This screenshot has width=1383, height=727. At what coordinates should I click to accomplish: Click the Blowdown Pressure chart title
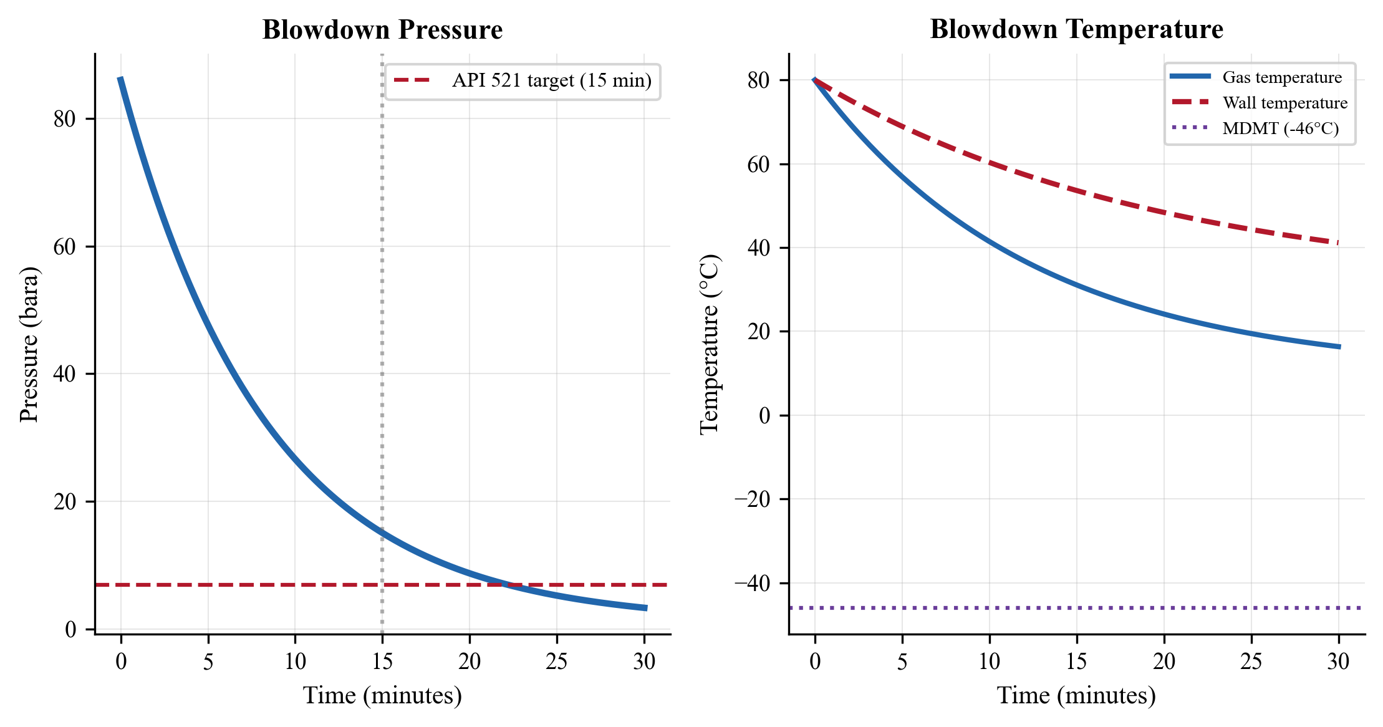pos(382,30)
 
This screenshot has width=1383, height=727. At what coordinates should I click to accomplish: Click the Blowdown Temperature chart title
pos(1076,29)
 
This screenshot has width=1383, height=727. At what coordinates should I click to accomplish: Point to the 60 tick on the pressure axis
pos(65,247)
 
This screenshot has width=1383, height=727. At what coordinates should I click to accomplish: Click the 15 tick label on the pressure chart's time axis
pos(382,662)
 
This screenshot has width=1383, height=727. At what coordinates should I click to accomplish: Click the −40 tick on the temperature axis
pos(752,584)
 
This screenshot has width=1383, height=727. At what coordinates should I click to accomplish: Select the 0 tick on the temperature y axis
pos(764,416)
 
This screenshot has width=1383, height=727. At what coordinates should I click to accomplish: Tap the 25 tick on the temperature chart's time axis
pos(1251,662)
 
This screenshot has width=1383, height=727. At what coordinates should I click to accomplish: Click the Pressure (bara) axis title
pos(29,344)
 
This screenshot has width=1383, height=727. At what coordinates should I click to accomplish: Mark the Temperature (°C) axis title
pos(710,344)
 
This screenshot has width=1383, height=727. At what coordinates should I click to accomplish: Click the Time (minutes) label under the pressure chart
pos(382,695)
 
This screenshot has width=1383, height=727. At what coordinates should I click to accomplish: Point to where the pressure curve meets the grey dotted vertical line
pos(382,533)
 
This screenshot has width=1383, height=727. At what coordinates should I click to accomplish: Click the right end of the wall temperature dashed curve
pos(1338,243)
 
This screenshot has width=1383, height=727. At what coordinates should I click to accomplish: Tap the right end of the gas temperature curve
pos(1339,347)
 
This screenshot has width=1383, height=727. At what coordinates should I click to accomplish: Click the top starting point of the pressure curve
pos(120,78)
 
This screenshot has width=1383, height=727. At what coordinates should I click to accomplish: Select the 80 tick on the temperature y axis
pos(759,80)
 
